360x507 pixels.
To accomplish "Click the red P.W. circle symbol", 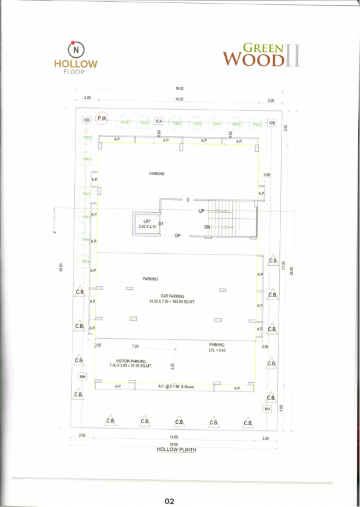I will (101, 119).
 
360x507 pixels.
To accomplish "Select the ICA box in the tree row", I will (159, 121).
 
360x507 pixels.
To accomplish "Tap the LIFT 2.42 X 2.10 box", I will (145, 224).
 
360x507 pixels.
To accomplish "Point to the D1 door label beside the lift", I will (162, 224).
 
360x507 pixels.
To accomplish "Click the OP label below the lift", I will (177, 236).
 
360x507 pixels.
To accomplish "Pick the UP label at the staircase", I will (202, 211).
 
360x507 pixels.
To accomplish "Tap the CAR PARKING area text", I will (168, 298).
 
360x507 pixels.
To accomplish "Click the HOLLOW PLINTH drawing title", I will (177, 450).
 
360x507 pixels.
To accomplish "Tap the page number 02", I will (169, 501).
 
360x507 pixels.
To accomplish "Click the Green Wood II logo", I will (261, 55).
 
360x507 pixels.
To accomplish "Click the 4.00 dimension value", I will (281, 408).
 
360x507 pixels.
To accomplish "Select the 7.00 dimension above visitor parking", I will (136, 347).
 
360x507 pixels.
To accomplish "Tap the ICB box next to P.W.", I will (87, 120).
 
